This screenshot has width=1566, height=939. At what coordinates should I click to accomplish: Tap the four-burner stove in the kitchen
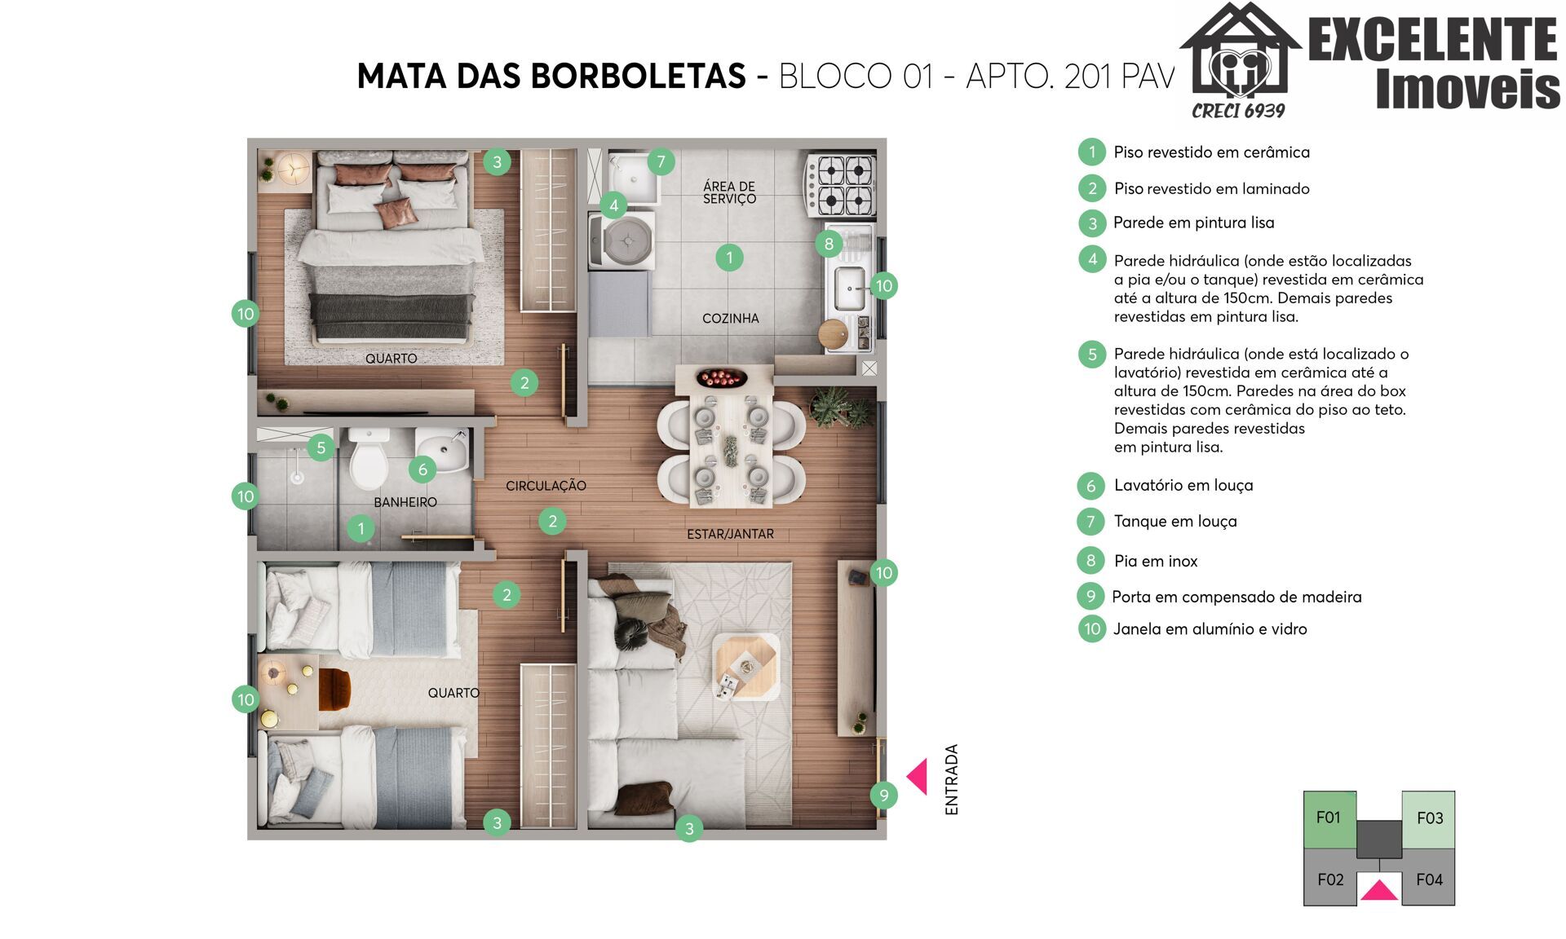point(840,185)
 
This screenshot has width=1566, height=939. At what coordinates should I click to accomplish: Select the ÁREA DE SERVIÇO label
point(729,192)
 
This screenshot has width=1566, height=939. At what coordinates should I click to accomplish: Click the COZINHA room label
point(731,319)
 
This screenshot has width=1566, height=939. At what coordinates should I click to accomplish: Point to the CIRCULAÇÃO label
point(546,486)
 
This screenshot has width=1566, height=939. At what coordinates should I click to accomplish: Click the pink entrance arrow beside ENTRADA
point(918,777)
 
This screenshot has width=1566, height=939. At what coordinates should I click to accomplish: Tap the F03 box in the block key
point(1428,818)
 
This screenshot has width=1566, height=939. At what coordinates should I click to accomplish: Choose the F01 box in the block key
point(1329,818)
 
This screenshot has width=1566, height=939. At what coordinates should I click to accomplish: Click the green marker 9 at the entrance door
point(883,795)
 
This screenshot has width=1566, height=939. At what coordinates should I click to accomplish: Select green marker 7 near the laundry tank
point(661,161)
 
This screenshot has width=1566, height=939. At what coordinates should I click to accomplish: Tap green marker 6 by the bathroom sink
point(422,469)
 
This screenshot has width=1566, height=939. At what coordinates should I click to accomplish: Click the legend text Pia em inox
point(1156,561)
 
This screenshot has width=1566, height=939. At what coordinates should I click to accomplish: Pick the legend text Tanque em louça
point(1175,522)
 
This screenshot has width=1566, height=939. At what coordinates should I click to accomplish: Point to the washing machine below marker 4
point(622,240)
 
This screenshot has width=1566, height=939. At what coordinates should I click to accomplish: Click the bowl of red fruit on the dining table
point(721,378)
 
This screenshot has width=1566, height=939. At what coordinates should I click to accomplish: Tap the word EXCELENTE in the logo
point(1433,39)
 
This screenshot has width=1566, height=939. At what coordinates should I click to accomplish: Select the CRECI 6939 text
point(1238,111)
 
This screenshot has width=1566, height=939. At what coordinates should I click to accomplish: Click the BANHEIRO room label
point(405,502)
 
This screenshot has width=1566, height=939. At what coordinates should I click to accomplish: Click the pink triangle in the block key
point(1379,890)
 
